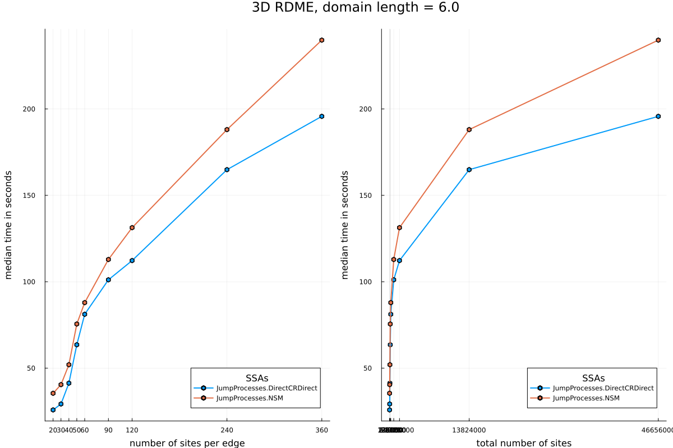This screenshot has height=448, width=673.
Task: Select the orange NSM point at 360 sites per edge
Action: click(322, 40)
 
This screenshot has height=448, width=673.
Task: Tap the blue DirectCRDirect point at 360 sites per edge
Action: click(322, 116)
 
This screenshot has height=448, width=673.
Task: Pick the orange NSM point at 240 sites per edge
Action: click(227, 129)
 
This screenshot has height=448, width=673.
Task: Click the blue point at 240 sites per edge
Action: click(227, 170)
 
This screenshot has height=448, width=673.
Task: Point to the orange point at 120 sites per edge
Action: click(132, 227)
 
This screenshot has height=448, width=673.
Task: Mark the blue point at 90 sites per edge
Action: click(108, 279)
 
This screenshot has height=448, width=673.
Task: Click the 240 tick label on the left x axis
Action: click(227, 430)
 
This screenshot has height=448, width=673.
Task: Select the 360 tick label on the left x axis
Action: click(322, 430)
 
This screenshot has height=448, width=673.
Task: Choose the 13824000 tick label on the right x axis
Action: click(469, 430)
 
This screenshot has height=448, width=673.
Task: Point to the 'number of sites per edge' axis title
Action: click(187, 443)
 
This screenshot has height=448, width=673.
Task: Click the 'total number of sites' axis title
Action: click(524, 443)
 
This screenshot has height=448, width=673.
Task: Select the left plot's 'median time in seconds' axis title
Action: click(8, 225)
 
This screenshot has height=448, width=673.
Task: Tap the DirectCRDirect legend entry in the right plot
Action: click(603, 388)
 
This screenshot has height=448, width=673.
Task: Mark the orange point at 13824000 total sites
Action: click(469, 129)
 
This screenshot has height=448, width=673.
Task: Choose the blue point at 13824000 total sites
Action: click(469, 170)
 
